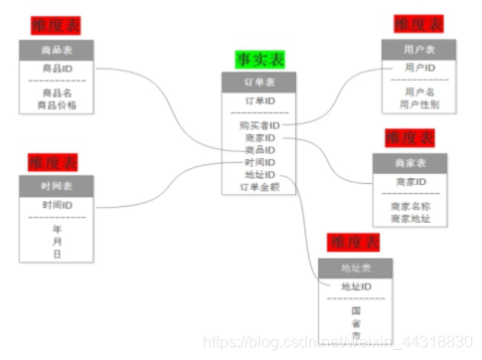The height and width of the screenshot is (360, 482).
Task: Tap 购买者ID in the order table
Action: click(x=259, y=125)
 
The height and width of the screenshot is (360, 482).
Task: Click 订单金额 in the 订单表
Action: click(x=259, y=185)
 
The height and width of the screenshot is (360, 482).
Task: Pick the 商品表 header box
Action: click(x=56, y=50)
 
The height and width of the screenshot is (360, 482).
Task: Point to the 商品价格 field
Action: click(x=57, y=104)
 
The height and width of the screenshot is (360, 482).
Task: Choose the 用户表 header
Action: click(x=418, y=49)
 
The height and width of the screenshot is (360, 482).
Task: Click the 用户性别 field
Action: click(x=418, y=103)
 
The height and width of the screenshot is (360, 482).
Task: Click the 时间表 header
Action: click(x=56, y=185)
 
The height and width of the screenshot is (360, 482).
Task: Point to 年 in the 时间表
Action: click(x=57, y=229)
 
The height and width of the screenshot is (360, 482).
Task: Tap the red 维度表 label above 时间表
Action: click(x=54, y=161)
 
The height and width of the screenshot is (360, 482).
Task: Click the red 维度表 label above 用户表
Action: click(x=418, y=24)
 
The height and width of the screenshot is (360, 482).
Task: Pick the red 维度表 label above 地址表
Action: click(x=355, y=243)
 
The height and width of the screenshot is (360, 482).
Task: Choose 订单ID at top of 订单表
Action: click(x=258, y=100)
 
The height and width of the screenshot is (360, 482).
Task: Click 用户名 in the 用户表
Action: click(x=418, y=92)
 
